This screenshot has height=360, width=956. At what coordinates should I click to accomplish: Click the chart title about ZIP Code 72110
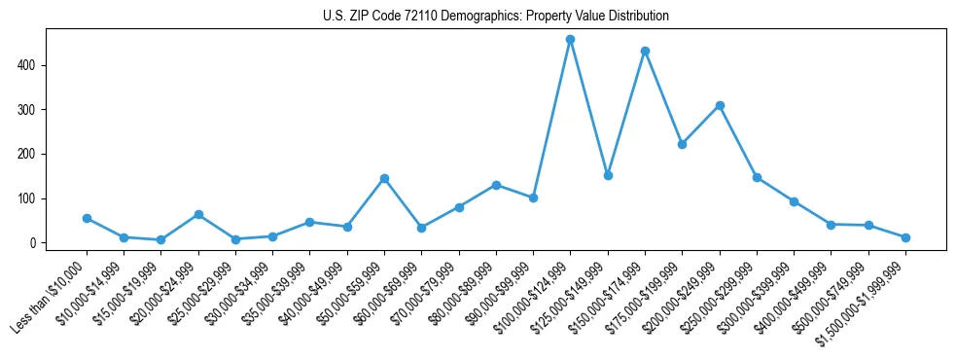[496, 17]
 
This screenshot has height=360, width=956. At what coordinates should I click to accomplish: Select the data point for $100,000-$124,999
[570, 40]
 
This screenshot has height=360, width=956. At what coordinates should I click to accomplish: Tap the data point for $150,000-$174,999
[645, 51]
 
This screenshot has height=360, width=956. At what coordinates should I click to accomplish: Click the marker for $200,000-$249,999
[720, 105]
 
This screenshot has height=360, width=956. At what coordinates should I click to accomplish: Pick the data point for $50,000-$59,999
[384, 178]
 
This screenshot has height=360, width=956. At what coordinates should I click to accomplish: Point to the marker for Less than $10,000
[87, 218]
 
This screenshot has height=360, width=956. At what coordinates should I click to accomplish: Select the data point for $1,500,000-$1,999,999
[905, 237]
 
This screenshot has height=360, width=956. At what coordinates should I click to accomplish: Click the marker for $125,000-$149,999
[608, 175]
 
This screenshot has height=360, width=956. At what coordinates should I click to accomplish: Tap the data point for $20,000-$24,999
[198, 214]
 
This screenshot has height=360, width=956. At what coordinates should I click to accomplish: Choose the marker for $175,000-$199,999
[682, 144]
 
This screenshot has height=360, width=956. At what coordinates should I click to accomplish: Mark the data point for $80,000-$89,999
[496, 185]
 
